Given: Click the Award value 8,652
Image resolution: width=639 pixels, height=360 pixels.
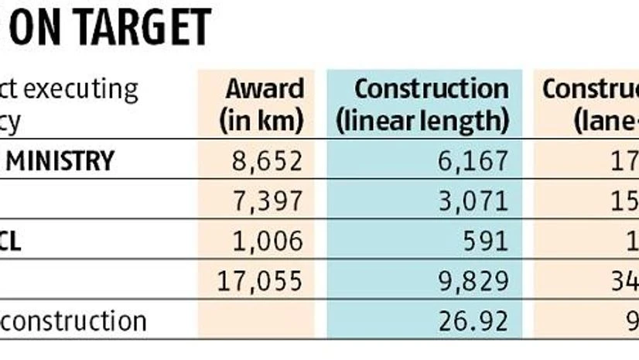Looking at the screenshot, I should (267, 161).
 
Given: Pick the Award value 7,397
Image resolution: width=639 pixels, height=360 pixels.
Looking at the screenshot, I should (267, 201).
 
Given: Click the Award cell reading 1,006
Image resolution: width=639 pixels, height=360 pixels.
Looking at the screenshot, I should (267, 241).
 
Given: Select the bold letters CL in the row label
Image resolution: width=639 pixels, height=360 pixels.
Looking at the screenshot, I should (11, 241).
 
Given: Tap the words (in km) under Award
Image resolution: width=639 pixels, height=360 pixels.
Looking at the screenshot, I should (261, 121).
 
